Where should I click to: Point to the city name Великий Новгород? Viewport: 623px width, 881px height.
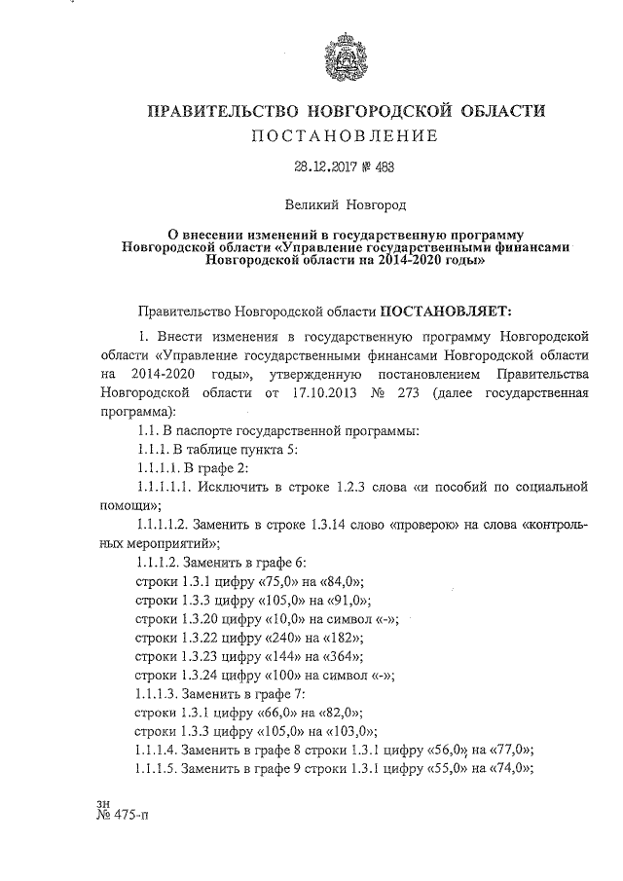click(346, 205)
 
